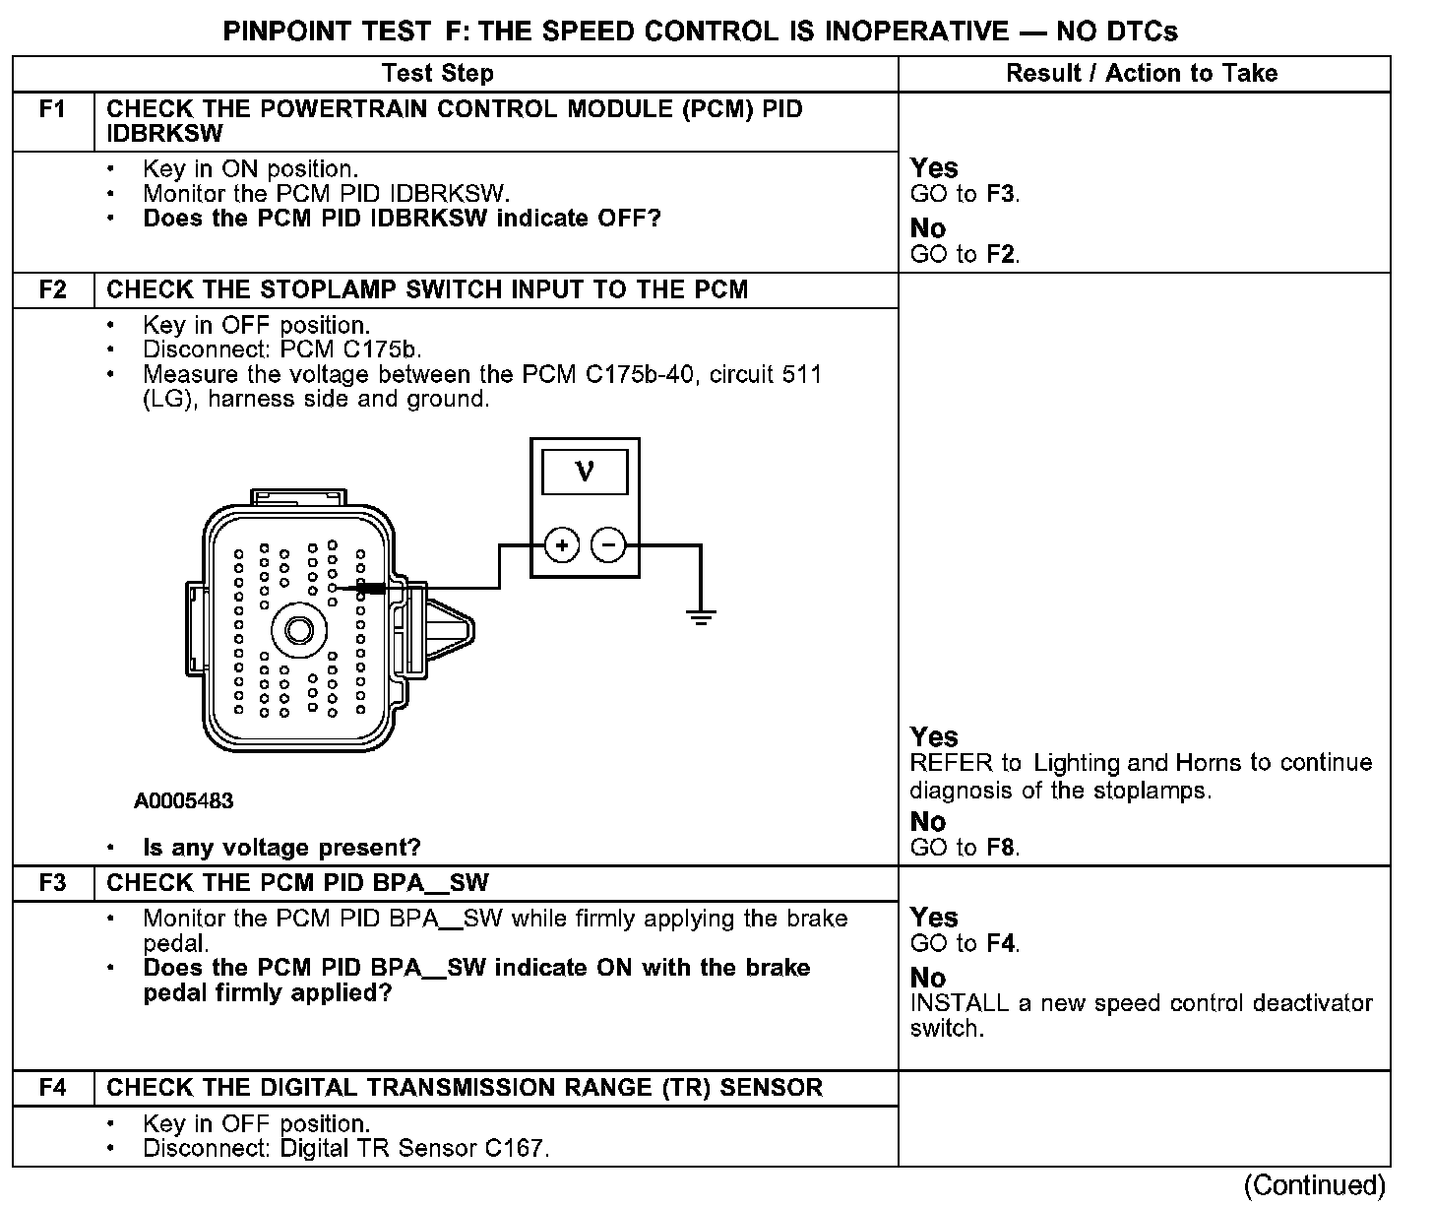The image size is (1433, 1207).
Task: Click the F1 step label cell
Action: (53, 109)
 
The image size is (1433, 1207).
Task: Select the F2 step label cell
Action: (53, 290)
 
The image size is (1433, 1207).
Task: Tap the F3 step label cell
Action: (53, 883)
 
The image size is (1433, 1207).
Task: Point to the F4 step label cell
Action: (53, 1088)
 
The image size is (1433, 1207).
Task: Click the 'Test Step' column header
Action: (437, 74)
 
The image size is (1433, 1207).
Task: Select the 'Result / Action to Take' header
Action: (1142, 74)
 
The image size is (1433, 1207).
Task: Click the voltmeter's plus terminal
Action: (562, 544)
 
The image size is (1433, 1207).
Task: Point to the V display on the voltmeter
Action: (585, 473)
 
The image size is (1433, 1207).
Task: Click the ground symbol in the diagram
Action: (701, 618)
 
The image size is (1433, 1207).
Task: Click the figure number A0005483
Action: (184, 801)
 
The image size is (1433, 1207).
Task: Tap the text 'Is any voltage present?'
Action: (281, 848)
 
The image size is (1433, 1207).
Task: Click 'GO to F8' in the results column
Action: (965, 848)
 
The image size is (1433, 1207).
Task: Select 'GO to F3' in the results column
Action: (965, 194)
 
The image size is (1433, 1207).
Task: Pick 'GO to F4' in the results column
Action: (965, 943)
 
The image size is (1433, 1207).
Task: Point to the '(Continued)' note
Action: (1315, 1185)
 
